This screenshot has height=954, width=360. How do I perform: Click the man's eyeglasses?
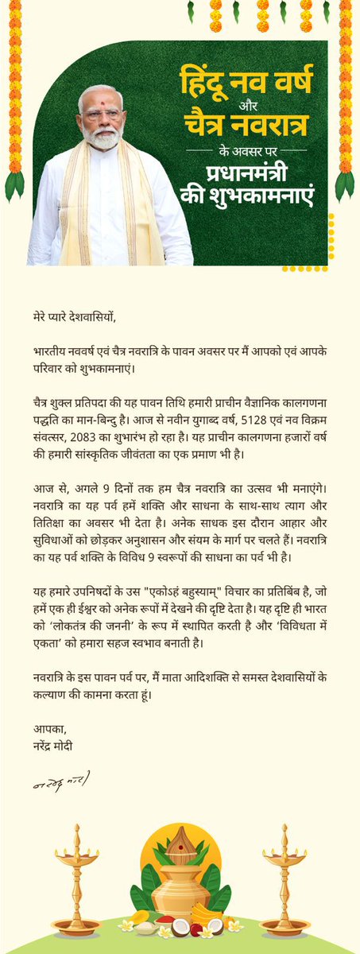coord(103,113)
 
